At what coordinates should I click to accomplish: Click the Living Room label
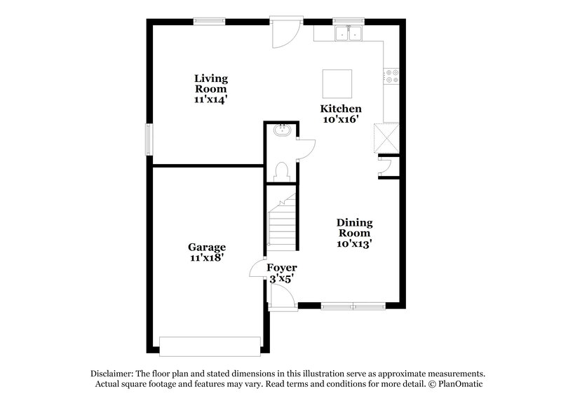point(210,89)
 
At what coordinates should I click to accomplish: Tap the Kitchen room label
point(341,114)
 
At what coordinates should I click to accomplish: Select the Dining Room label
point(355,233)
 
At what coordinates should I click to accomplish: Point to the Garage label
point(207,252)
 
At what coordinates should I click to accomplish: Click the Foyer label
point(282,273)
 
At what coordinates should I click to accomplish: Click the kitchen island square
point(336,84)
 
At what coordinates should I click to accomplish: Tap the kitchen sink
point(348,32)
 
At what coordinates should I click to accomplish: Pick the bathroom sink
point(283,130)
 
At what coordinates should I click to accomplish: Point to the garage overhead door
point(210,346)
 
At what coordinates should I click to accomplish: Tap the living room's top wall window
point(210,21)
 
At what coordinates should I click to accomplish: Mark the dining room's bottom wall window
point(354,305)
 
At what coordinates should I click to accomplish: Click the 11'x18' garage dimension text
point(207,258)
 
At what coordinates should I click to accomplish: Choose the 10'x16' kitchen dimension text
point(341,119)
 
